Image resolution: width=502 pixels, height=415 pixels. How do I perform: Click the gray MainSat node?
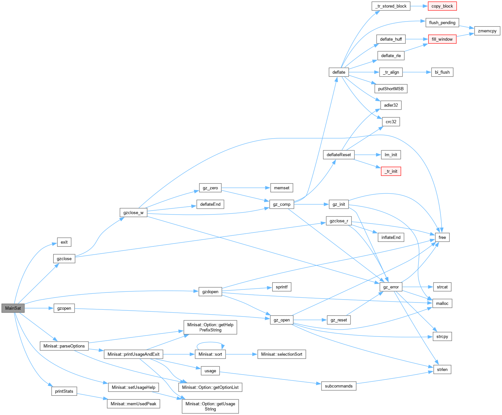(x=13, y=308)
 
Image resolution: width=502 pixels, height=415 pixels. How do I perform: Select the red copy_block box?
(x=442, y=6)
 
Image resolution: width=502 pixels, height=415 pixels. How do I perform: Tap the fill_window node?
(x=442, y=39)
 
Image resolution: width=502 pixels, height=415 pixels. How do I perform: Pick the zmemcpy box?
(x=487, y=31)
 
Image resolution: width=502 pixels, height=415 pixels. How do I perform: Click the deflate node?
(x=339, y=72)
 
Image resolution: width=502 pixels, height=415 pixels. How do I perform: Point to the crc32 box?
(x=391, y=122)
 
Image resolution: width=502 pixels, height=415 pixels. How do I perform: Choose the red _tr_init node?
(x=391, y=171)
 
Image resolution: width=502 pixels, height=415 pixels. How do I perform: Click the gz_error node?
(x=391, y=287)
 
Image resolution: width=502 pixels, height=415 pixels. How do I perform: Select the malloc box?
(x=442, y=304)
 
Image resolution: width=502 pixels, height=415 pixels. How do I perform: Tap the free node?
(x=442, y=237)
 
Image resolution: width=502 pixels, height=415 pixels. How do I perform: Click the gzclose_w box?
(x=133, y=213)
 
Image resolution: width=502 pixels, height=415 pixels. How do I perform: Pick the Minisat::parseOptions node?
(x=64, y=346)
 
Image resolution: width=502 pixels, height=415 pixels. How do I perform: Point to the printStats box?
(x=64, y=391)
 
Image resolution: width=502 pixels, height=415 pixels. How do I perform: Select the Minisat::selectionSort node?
(x=281, y=354)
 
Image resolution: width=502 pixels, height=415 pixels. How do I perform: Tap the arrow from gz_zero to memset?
(x=245, y=188)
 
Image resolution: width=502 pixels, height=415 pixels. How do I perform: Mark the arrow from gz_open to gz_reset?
(x=310, y=320)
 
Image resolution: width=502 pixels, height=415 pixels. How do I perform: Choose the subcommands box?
(x=338, y=386)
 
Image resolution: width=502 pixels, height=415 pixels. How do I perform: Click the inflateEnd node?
(x=391, y=237)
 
